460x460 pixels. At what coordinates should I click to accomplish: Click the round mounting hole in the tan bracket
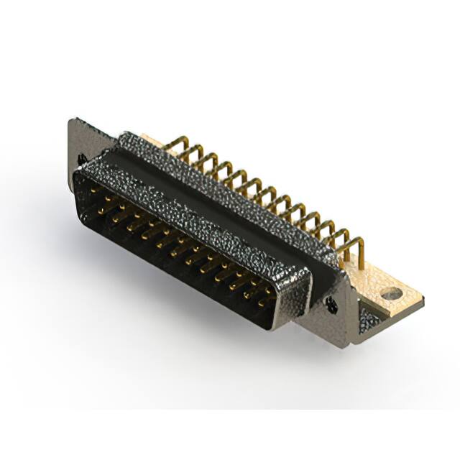point(392,293)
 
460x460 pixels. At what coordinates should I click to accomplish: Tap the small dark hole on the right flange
point(331,304)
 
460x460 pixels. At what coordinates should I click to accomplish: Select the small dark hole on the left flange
point(83,158)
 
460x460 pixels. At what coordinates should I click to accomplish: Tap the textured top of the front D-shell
point(194,216)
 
